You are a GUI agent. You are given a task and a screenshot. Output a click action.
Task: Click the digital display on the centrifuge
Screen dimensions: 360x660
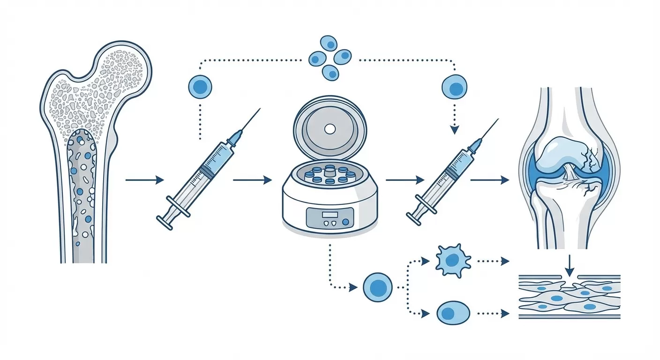(330, 214)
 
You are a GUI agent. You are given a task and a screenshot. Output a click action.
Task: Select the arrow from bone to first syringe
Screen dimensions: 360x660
(145, 180)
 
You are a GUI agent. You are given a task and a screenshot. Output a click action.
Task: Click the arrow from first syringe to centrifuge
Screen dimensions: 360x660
(252, 180)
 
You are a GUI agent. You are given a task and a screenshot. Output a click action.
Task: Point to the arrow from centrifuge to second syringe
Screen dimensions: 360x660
(405, 180)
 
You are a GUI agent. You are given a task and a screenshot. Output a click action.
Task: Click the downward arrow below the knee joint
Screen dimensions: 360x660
(570, 266)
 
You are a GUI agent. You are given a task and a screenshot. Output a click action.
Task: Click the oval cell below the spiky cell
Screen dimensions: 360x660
(453, 313)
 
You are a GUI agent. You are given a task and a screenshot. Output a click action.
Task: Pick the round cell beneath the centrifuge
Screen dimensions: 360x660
(377, 287)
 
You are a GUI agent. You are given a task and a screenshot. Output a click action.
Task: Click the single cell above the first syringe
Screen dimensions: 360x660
(200, 87)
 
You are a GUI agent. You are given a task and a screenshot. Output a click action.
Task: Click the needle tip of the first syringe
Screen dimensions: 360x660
(260, 108)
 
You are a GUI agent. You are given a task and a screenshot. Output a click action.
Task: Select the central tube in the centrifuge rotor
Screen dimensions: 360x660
(330, 168)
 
